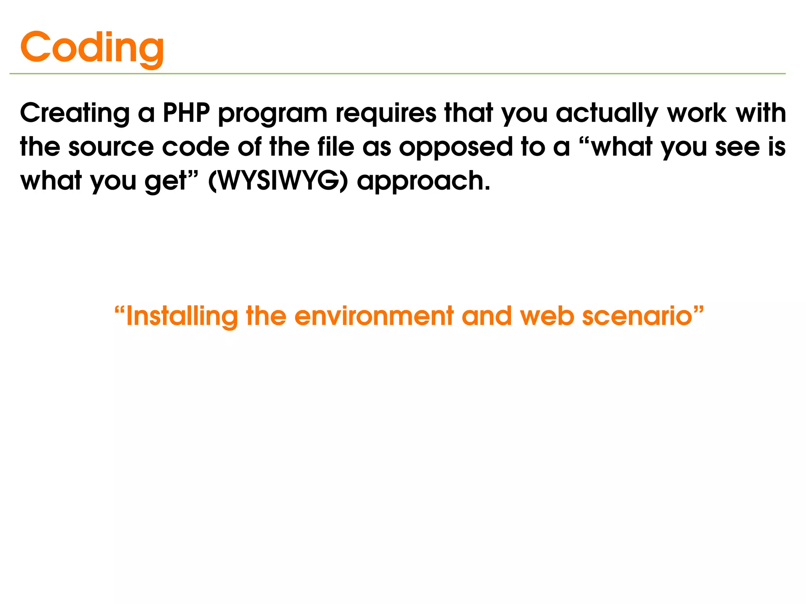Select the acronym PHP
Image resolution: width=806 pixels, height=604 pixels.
[186, 113]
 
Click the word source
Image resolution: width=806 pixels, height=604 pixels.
[111, 148]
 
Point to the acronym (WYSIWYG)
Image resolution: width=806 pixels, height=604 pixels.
[278, 181]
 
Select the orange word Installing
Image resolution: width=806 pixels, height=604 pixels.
[182, 317]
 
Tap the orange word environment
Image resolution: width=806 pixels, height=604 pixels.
[374, 316]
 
